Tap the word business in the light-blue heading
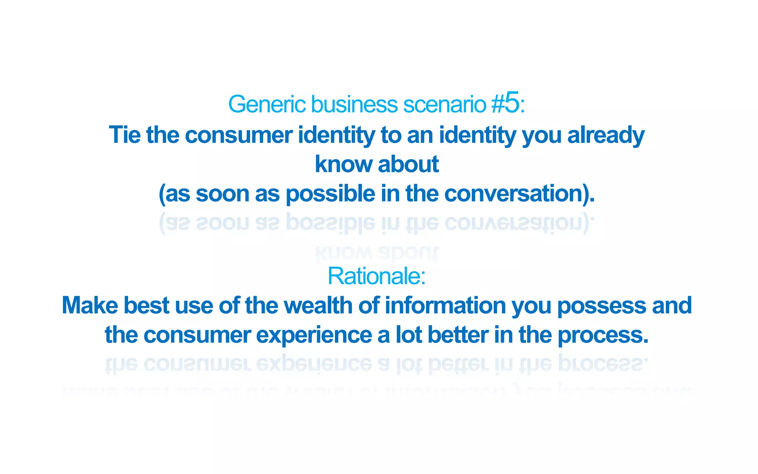pos(354,104)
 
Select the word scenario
pos(445,104)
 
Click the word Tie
pos(125,135)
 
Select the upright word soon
pos(222,194)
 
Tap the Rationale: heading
pos(376,276)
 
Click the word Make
pos(90,306)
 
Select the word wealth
pos(318,306)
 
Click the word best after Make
pos(146,306)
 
